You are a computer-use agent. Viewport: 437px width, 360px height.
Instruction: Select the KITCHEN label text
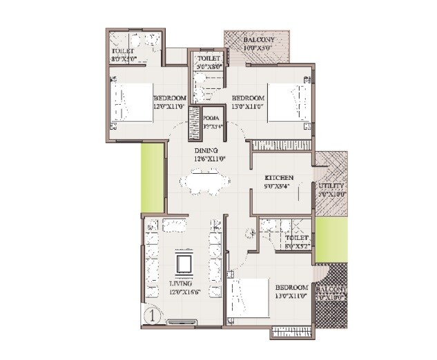(280, 178)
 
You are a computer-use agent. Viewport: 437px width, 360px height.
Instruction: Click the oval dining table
(204, 183)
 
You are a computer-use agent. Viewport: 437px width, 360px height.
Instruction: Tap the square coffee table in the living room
(183, 263)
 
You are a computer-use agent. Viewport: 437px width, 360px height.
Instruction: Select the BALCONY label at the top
(259, 41)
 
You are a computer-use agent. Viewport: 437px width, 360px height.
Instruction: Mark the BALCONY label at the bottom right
(332, 290)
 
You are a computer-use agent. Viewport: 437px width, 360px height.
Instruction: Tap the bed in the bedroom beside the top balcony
(289, 102)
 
